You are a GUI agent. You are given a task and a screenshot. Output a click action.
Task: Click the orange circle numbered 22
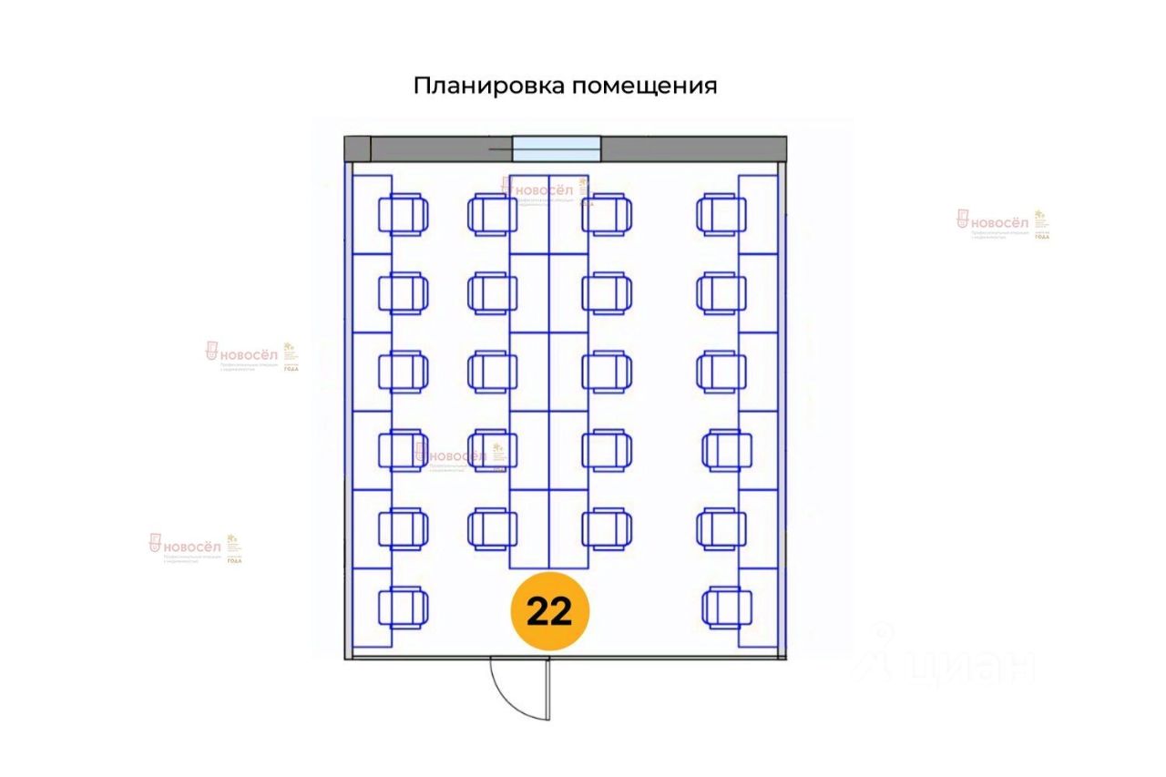(550, 611)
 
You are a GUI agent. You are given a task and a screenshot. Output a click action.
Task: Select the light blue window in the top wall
(557, 148)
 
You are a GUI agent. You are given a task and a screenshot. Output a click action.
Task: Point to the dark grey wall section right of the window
(692, 148)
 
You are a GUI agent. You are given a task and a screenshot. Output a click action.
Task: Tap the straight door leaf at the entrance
(548, 690)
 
